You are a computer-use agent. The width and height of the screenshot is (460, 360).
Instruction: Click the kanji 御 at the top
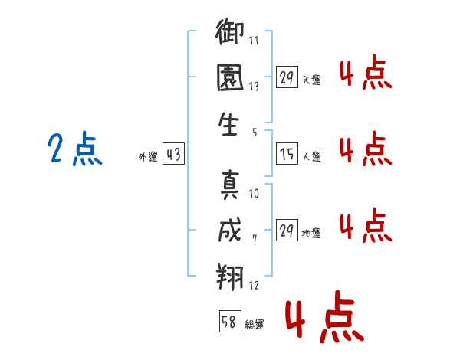pyautogui.click(x=230, y=34)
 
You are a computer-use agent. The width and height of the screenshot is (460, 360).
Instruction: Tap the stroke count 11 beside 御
pyautogui.click(x=254, y=41)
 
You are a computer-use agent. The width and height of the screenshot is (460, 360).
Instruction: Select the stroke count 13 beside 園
pyautogui.click(x=254, y=87)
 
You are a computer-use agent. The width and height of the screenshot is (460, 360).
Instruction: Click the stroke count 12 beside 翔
pyautogui.click(x=254, y=286)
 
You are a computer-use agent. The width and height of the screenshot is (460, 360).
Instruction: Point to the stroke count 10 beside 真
pyautogui.click(x=254, y=194)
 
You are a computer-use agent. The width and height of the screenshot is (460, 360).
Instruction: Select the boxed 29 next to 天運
pyautogui.click(x=287, y=78)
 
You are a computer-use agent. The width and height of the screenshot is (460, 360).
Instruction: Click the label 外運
pyautogui.click(x=148, y=157)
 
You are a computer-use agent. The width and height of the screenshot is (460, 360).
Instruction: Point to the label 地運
pyautogui.click(x=311, y=234)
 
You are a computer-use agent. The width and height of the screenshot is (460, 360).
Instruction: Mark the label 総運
pyautogui.click(x=255, y=324)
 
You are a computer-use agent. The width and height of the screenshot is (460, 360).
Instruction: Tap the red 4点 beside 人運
pyautogui.click(x=366, y=149)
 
